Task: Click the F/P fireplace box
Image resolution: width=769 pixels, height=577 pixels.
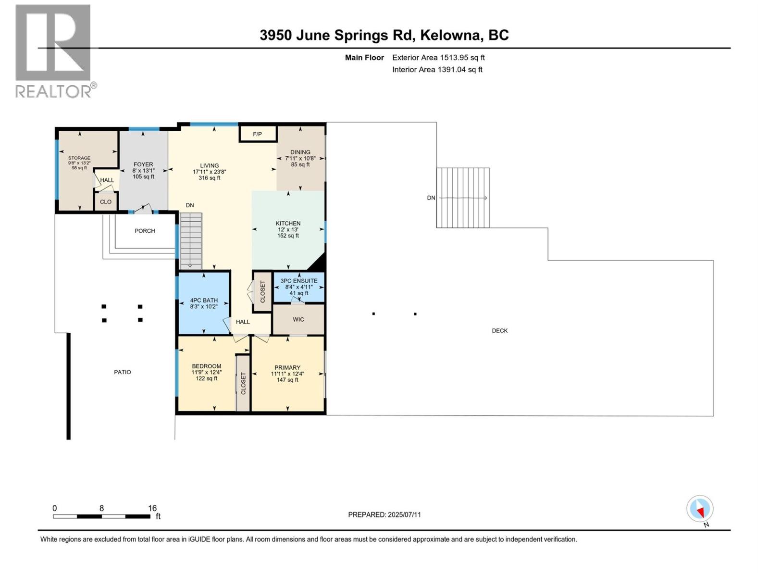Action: (258, 134)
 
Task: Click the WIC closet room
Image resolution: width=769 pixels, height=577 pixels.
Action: (298, 319)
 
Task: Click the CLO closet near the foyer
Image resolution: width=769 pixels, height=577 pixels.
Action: (106, 202)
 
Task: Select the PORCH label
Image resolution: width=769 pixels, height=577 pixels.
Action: (145, 231)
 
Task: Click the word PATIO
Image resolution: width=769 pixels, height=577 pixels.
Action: (123, 372)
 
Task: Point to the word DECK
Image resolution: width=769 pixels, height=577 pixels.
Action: (500, 330)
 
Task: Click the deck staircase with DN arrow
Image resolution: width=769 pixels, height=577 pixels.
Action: (463, 198)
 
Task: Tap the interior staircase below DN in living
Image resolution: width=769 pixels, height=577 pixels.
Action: (191, 240)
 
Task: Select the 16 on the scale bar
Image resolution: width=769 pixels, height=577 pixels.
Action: (152, 508)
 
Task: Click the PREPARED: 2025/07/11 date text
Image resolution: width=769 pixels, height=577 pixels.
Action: (384, 514)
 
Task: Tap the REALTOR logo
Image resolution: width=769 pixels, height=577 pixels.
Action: (54, 50)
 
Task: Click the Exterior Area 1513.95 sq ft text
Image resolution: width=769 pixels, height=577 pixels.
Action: (438, 58)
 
